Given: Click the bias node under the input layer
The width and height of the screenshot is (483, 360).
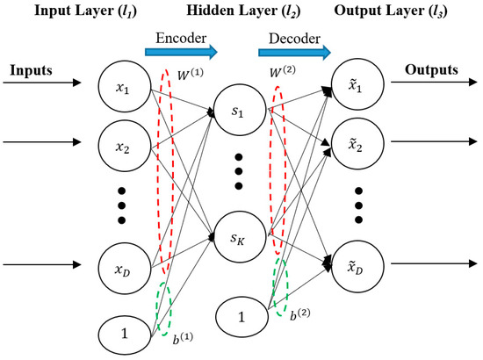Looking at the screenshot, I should tap(123, 332).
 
